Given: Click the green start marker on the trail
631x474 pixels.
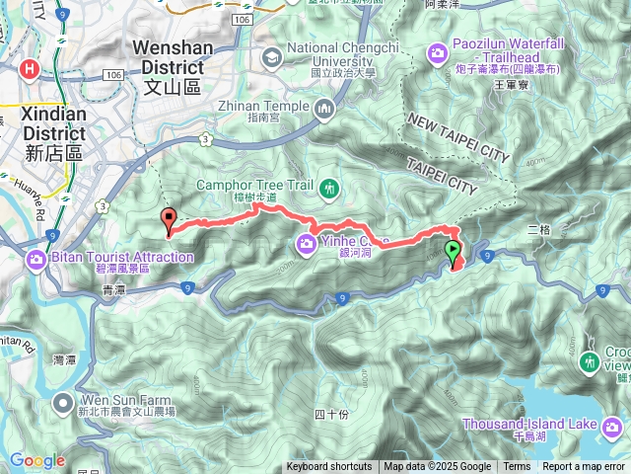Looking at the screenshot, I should click(452, 251).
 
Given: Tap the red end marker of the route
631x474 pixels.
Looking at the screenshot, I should click(168, 221).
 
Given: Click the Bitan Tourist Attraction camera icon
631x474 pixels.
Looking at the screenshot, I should click(36, 259).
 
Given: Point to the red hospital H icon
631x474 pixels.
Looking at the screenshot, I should click(30, 69).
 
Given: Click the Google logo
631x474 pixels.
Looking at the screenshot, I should click(37, 460).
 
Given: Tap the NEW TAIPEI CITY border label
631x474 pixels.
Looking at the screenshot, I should click(456, 137).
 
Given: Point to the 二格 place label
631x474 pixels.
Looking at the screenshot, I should click(538, 229).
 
